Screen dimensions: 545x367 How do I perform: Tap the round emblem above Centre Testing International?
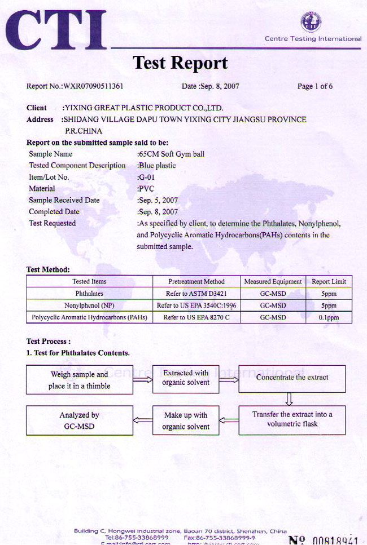click(x=311, y=22)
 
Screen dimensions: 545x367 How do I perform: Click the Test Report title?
click(x=180, y=63)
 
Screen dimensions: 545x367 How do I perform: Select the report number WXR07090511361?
click(x=93, y=87)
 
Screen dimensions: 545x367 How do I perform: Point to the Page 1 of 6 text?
click(x=314, y=87)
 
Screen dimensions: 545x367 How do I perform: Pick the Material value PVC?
click(x=145, y=189)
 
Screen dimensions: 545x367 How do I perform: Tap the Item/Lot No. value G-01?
click(x=146, y=177)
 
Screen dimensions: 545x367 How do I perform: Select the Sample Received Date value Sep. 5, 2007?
click(x=158, y=200)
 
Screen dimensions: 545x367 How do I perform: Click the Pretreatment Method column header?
click(x=196, y=281)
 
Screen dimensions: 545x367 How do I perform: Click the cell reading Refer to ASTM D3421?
click(x=196, y=294)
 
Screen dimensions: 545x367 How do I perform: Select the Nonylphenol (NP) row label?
click(x=90, y=305)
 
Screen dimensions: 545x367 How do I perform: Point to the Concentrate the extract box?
click(x=292, y=378)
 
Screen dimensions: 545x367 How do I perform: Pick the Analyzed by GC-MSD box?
click(x=79, y=421)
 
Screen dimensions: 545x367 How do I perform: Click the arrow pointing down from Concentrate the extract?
click(x=290, y=399)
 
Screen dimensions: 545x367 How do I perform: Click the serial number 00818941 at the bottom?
click(x=335, y=540)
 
